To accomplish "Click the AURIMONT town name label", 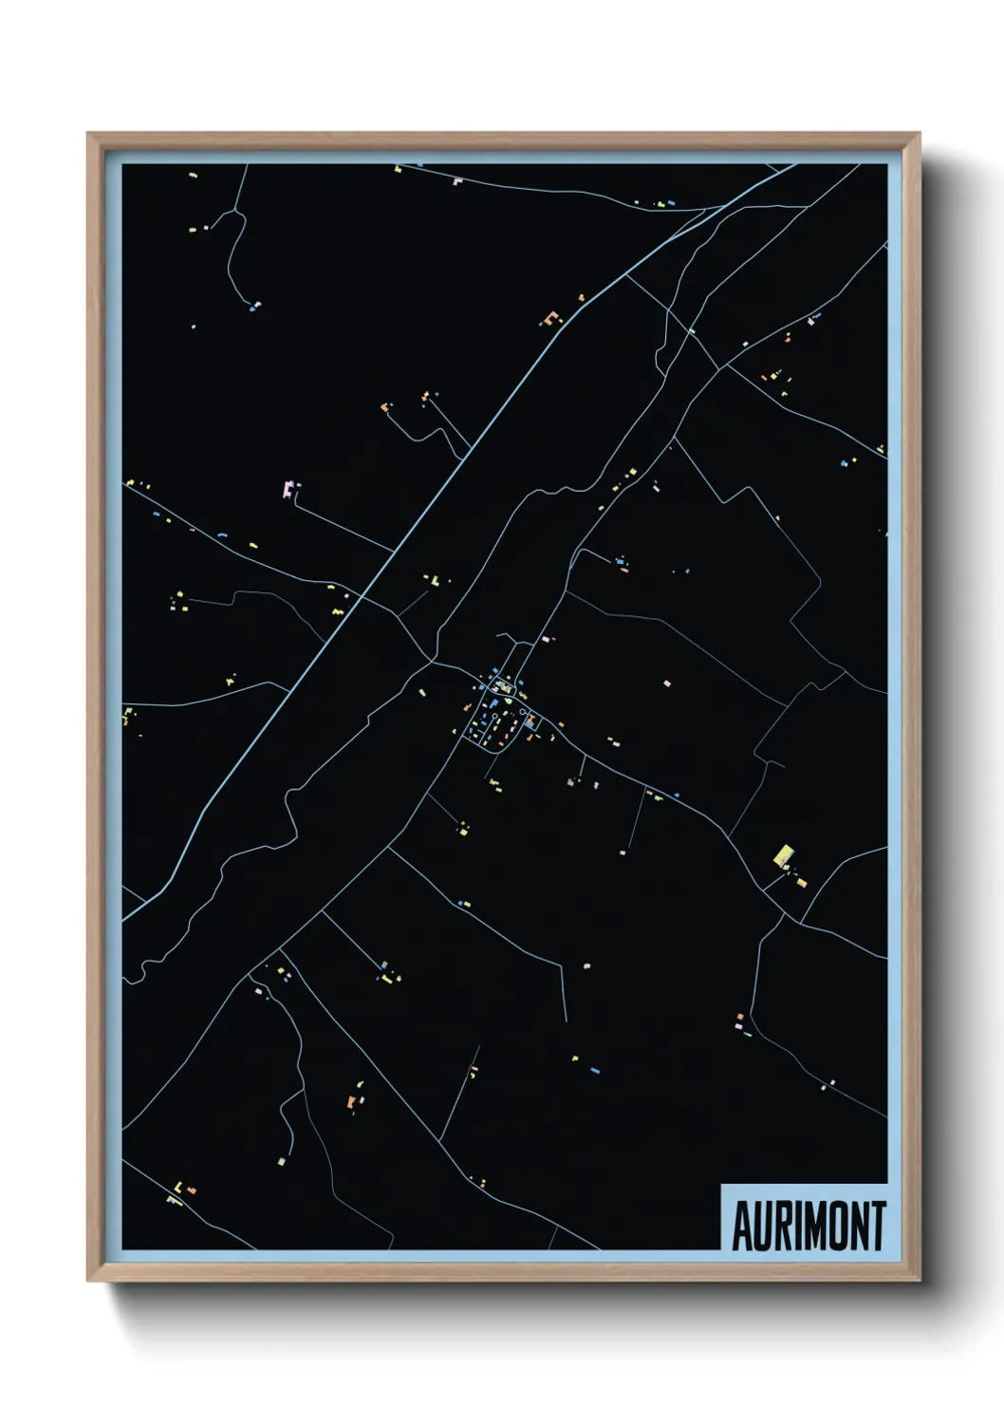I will pyautogui.click(x=809, y=1226).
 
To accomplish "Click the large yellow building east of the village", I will pyautogui.click(x=784, y=855).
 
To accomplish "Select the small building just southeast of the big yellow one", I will pyautogui.click(x=801, y=882).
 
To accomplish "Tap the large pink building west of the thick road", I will pyautogui.click(x=288, y=490).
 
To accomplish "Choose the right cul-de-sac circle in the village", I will pyautogui.click(x=523, y=711).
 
